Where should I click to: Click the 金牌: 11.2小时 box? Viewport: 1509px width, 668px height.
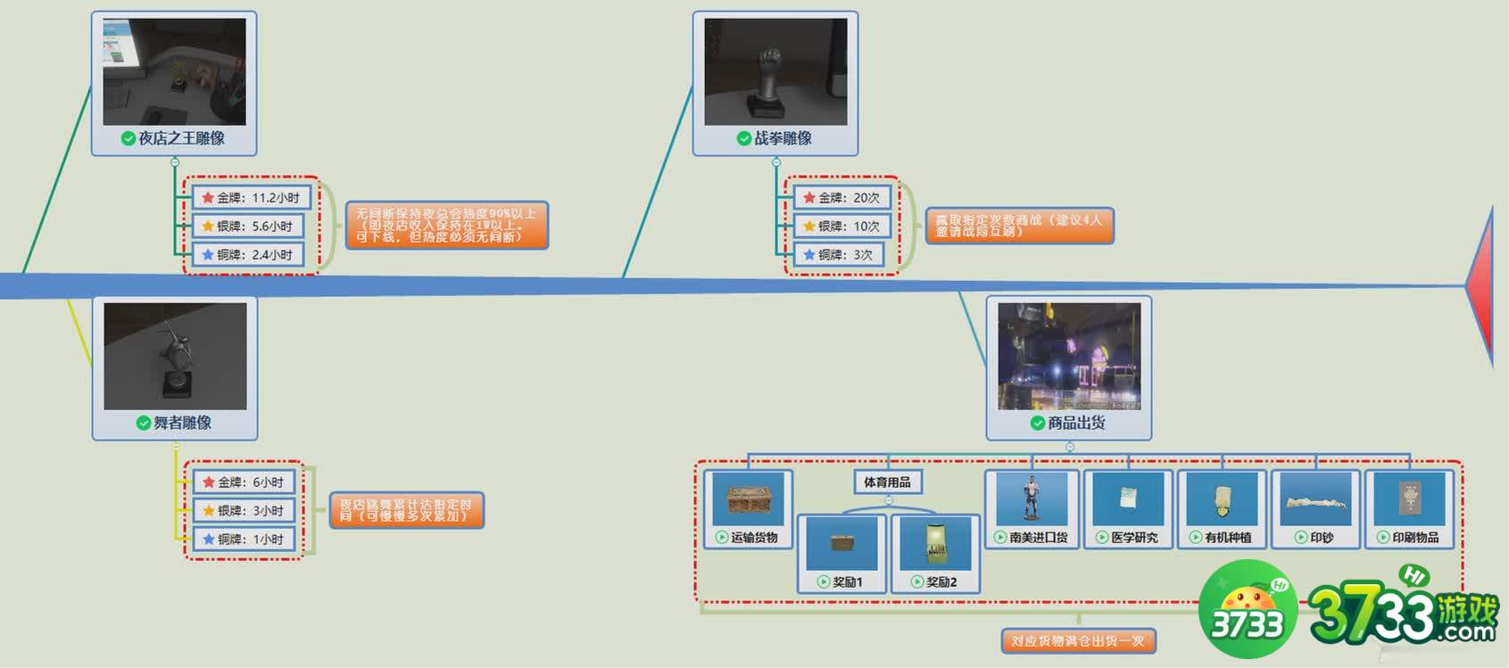[x=251, y=198]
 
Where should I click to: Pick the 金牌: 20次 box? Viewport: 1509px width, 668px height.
[x=842, y=198]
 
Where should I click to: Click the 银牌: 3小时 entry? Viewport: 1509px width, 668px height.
[x=244, y=511]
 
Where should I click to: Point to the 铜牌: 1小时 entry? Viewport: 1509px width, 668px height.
[x=244, y=540]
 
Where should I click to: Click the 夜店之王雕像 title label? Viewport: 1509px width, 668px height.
[x=181, y=138]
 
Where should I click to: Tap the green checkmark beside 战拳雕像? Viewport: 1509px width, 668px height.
[x=743, y=138]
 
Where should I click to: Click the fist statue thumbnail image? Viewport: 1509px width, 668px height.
[x=775, y=72]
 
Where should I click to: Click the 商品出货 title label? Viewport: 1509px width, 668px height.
[x=1076, y=423]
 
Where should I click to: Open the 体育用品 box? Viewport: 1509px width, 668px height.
[x=887, y=482]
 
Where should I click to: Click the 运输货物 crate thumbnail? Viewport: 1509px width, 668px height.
[x=748, y=499]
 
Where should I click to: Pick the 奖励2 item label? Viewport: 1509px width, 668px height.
[x=941, y=582]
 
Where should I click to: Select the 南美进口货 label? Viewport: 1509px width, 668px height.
[x=1038, y=538]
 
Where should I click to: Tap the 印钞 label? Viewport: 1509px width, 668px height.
[x=1322, y=538]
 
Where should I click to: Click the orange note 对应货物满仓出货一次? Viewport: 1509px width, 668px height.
[x=1078, y=641]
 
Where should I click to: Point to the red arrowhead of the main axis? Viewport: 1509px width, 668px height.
[x=1482, y=285]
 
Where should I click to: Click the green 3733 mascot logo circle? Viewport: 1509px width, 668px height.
[x=1248, y=611]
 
